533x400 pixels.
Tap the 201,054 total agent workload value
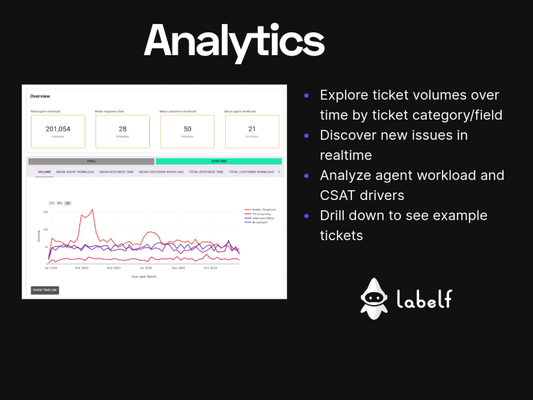pos(58,129)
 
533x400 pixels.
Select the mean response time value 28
pos(122,129)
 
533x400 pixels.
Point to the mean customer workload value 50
pos(187,129)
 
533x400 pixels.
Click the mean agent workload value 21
pos(252,129)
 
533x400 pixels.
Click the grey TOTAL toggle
pos(91,161)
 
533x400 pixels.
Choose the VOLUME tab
pos(44,172)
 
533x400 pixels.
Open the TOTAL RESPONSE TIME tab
pos(206,172)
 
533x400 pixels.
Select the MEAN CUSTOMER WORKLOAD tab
pos(161,172)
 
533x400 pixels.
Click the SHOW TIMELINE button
pos(45,290)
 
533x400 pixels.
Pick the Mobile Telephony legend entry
pos(263,209)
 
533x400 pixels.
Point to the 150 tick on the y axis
pos(45,212)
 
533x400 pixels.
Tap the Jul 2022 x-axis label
pos(146,268)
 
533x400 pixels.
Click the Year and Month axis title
pos(144,277)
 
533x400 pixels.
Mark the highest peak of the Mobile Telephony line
pos(92,210)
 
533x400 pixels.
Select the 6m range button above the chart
pos(60,203)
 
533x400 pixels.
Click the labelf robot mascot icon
pos(374,298)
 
